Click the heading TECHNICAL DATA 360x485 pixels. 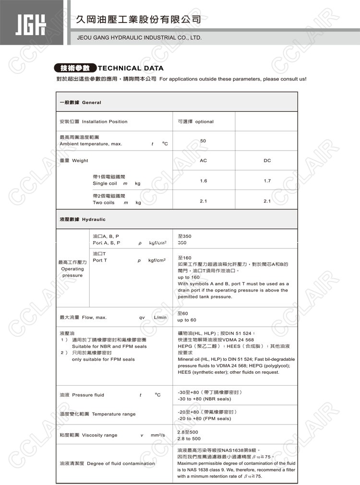click(x=131, y=68)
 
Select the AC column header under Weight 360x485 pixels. click(x=203, y=161)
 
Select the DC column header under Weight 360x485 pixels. click(x=267, y=161)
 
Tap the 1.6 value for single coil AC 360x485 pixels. click(x=203, y=181)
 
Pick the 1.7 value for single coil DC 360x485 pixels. click(x=267, y=181)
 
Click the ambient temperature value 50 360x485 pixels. click(x=203, y=141)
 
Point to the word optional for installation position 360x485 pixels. click(x=204, y=122)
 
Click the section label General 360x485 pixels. click(x=92, y=103)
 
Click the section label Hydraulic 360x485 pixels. click(x=94, y=220)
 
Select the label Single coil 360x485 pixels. click(x=105, y=184)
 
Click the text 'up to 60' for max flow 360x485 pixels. click(x=187, y=320)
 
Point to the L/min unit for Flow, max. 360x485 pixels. click(x=160, y=318)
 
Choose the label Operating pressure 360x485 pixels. click(x=72, y=272)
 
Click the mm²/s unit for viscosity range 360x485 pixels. click(x=157, y=435)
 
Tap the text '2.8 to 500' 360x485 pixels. click(x=189, y=439)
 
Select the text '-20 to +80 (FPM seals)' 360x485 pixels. click(x=204, y=419)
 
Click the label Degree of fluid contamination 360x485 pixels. click(x=121, y=464)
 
